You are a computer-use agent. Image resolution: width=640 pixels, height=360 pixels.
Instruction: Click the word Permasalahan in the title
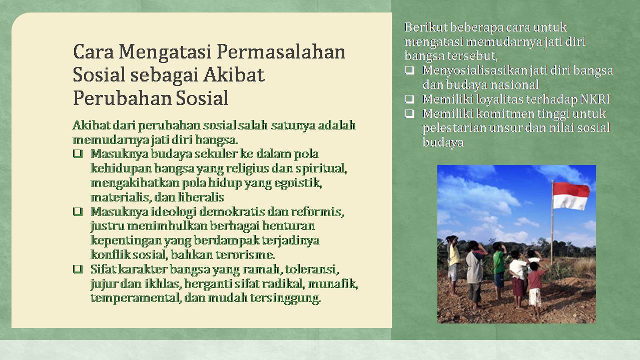tap(281, 52)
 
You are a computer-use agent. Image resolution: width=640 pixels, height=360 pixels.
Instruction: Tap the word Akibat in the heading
tap(234, 75)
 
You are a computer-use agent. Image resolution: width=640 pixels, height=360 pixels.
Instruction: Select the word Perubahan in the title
tap(122, 98)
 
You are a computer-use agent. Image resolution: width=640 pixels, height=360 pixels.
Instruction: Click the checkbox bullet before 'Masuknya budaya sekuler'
tap(78, 153)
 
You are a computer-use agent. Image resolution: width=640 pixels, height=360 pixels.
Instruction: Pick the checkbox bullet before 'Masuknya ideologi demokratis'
tap(78, 211)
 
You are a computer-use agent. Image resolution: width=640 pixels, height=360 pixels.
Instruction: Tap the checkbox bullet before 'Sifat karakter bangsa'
tap(78, 269)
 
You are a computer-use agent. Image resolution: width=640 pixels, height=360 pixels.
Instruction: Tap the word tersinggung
tap(286, 298)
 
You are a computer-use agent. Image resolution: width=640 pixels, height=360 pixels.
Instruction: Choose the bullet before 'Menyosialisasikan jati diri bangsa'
tap(409, 70)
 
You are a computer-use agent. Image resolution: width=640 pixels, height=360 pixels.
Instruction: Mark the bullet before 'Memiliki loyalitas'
tap(409, 99)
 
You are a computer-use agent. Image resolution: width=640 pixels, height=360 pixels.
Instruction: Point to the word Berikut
tap(426, 27)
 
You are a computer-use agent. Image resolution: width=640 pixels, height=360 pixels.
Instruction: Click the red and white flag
tap(571, 196)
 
